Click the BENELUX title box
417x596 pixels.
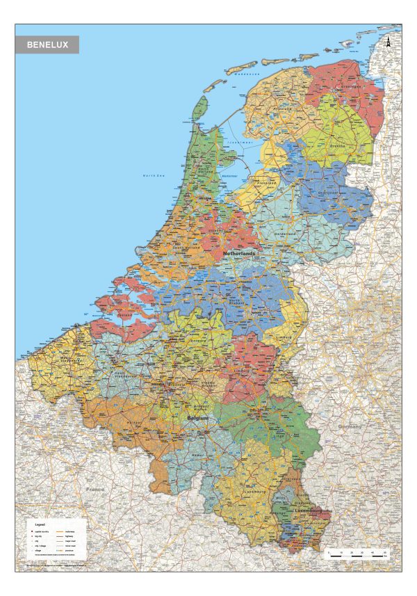(47, 45)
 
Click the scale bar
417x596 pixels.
(357, 554)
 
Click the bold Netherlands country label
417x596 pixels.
(240, 254)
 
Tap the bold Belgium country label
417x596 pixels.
(198, 417)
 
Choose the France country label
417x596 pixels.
(95, 489)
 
